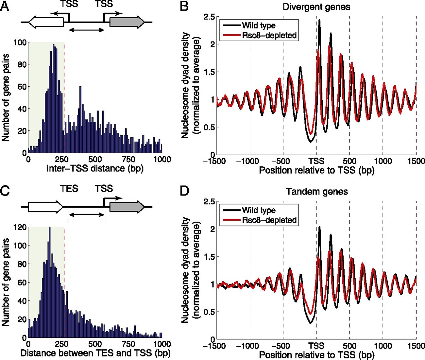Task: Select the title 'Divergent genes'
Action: click(316, 7)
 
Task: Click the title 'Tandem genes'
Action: click(317, 191)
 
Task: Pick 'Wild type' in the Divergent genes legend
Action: click(259, 26)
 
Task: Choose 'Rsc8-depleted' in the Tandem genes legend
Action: click(269, 220)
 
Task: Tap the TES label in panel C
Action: click(69, 188)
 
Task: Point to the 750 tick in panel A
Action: click(128, 159)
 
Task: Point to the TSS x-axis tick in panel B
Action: click(316, 161)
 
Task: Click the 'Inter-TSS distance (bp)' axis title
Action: click(95, 169)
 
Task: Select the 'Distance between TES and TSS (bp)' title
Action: click(95, 353)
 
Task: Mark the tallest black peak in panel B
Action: click(319, 21)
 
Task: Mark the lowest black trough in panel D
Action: click(310, 323)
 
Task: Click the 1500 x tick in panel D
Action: click(416, 346)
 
